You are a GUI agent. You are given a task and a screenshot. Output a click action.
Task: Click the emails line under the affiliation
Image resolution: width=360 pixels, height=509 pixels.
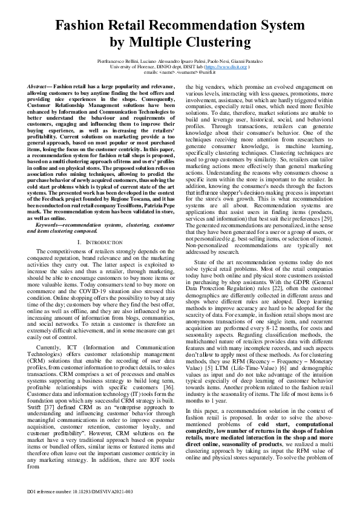[180, 73]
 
